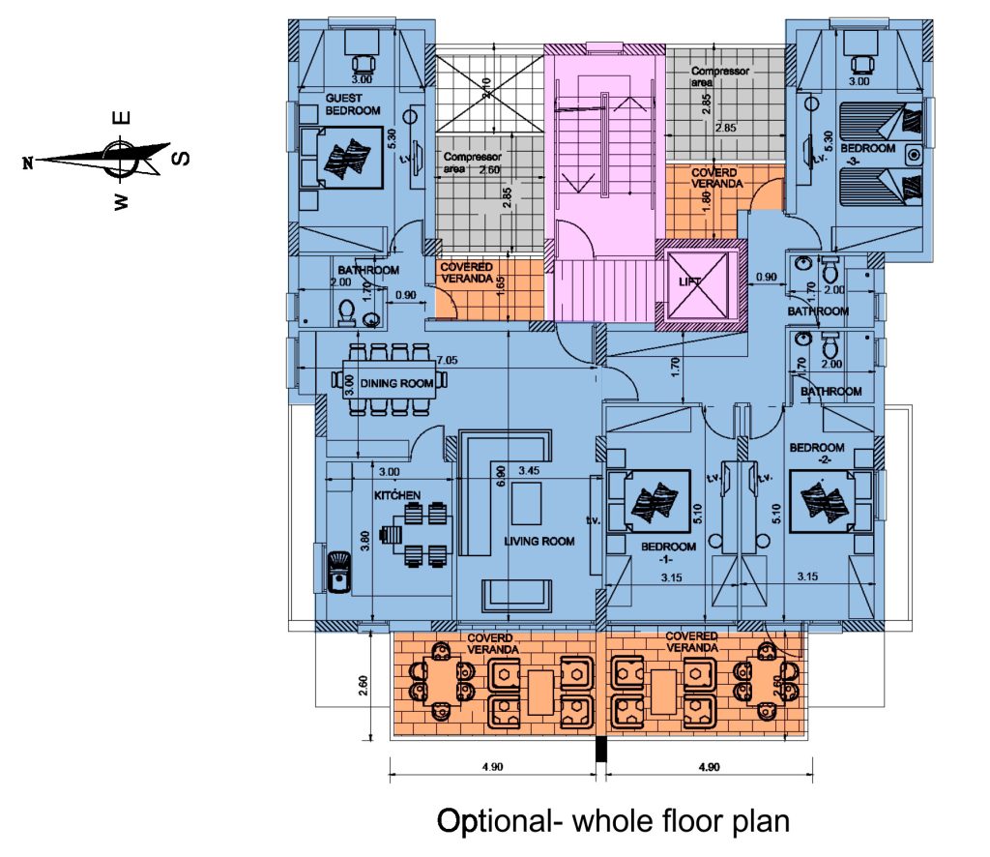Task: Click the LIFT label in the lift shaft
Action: point(690,281)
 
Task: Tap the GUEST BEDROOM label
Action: point(353,104)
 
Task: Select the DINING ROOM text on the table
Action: point(396,383)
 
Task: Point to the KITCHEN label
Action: point(397,495)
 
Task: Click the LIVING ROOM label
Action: point(539,542)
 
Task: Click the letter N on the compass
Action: point(27,163)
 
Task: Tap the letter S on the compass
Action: point(181,157)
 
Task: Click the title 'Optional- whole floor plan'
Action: point(613,822)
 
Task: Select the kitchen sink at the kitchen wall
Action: point(338,573)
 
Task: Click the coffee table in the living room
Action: point(526,503)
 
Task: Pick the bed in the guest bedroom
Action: point(341,158)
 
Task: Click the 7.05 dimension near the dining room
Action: point(447,361)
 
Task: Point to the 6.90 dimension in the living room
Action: point(500,477)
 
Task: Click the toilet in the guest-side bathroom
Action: point(346,313)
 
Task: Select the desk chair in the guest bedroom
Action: point(364,65)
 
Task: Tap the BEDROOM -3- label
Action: point(867,154)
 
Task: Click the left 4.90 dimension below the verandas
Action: point(492,767)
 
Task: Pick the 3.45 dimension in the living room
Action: point(529,470)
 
